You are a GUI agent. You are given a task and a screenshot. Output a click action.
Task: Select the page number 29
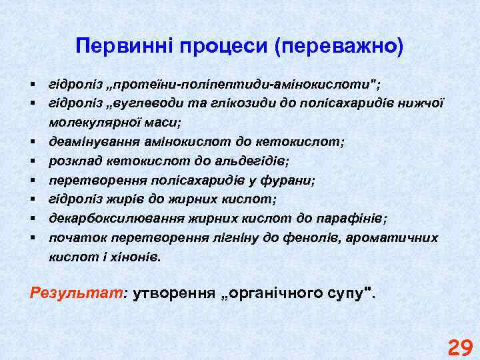460,348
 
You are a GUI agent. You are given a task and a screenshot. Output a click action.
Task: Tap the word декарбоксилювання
105,219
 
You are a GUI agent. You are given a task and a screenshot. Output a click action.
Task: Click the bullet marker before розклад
32,161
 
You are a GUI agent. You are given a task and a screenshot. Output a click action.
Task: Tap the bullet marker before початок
32,238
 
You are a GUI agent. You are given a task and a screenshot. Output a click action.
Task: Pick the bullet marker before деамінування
32,142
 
